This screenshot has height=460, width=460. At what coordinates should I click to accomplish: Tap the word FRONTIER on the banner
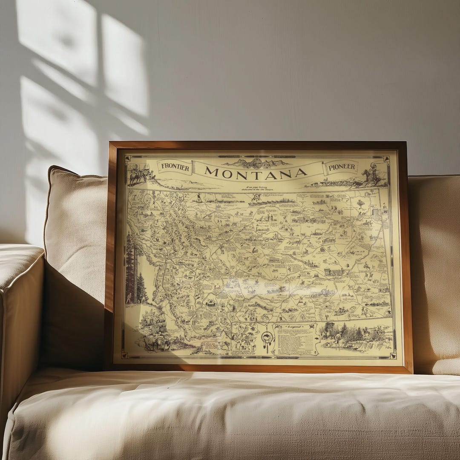[174, 167]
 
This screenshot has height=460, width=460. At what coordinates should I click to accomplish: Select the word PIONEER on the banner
[342, 167]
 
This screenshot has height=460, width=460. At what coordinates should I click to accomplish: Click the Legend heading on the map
[294, 326]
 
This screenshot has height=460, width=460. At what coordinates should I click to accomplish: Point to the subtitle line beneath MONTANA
[256, 187]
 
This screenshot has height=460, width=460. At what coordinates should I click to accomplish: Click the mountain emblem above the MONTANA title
[256, 163]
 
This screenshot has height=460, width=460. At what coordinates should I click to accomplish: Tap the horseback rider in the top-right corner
[371, 175]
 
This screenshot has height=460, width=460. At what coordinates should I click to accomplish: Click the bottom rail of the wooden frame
[256, 368]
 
